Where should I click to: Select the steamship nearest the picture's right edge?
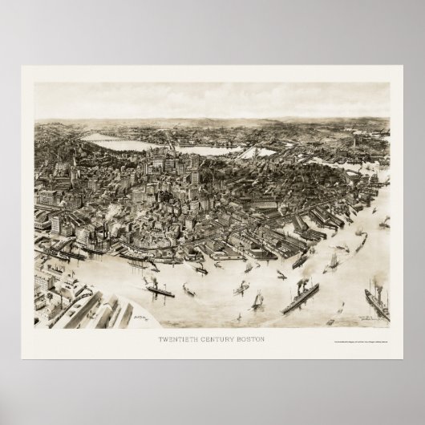click(x=377, y=305)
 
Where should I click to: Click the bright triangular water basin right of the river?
click(x=254, y=152)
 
